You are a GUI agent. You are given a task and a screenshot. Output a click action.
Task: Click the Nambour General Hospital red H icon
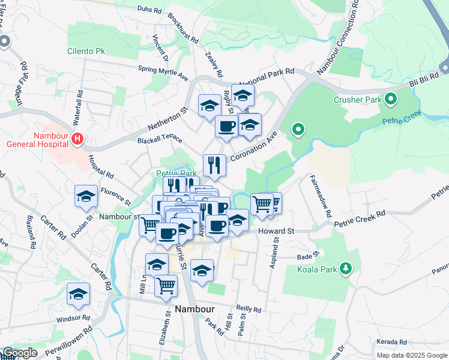(x=77, y=139)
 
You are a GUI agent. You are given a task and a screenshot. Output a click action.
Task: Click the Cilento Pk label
(x=86, y=51)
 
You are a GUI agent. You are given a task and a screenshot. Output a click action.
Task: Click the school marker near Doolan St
(x=86, y=196)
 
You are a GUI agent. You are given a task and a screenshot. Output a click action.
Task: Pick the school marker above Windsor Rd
(x=78, y=293)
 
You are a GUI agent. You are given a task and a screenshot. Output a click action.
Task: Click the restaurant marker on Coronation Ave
(x=214, y=164)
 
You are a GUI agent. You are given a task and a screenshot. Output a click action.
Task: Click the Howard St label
(x=277, y=230)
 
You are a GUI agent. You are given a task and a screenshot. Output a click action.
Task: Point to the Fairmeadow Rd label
(x=321, y=196)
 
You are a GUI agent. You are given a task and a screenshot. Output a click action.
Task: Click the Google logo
(x=20, y=353)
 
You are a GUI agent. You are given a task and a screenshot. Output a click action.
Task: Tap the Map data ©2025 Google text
(x=412, y=355)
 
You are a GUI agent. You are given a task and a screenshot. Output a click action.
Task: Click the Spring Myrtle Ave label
(x=163, y=73)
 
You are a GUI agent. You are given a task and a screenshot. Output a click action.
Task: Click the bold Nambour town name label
(x=195, y=309)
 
